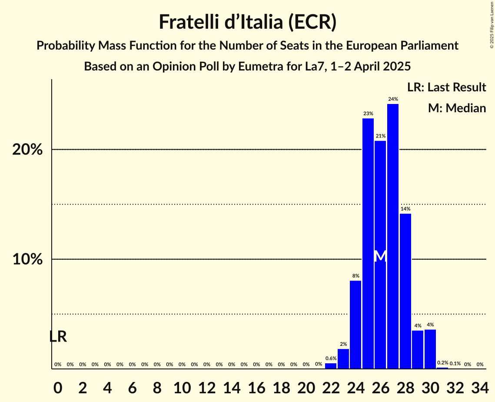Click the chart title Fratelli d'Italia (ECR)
(247, 22)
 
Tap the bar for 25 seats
(368, 244)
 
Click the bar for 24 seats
(355, 325)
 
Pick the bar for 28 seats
(405, 291)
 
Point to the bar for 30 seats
(430, 349)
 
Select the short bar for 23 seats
(343, 358)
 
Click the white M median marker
(380, 256)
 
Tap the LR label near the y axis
(58, 336)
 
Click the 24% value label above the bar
(393, 99)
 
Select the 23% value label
(368, 114)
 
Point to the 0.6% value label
(331, 358)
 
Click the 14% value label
(405, 209)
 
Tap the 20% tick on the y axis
(27, 150)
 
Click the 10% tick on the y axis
(27, 259)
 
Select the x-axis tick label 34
(480, 386)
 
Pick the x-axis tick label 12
(206, 386)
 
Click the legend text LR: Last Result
(446, 87)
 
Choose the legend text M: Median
(457, 108)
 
